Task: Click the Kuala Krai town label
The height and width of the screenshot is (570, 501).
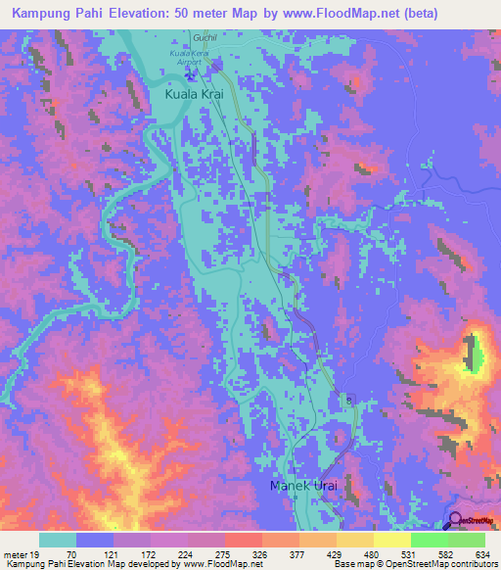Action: [195, 95]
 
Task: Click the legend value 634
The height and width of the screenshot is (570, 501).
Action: [482, 552]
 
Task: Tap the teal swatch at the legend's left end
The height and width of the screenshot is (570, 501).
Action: [58, 540]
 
